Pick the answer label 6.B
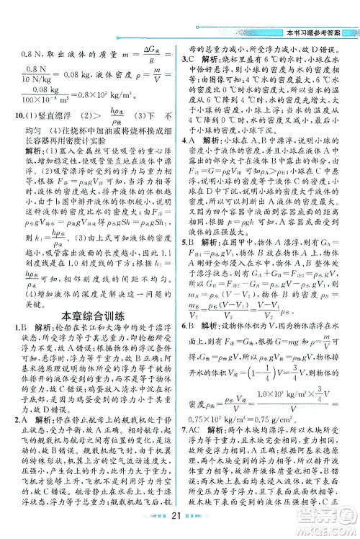click(189, 323)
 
